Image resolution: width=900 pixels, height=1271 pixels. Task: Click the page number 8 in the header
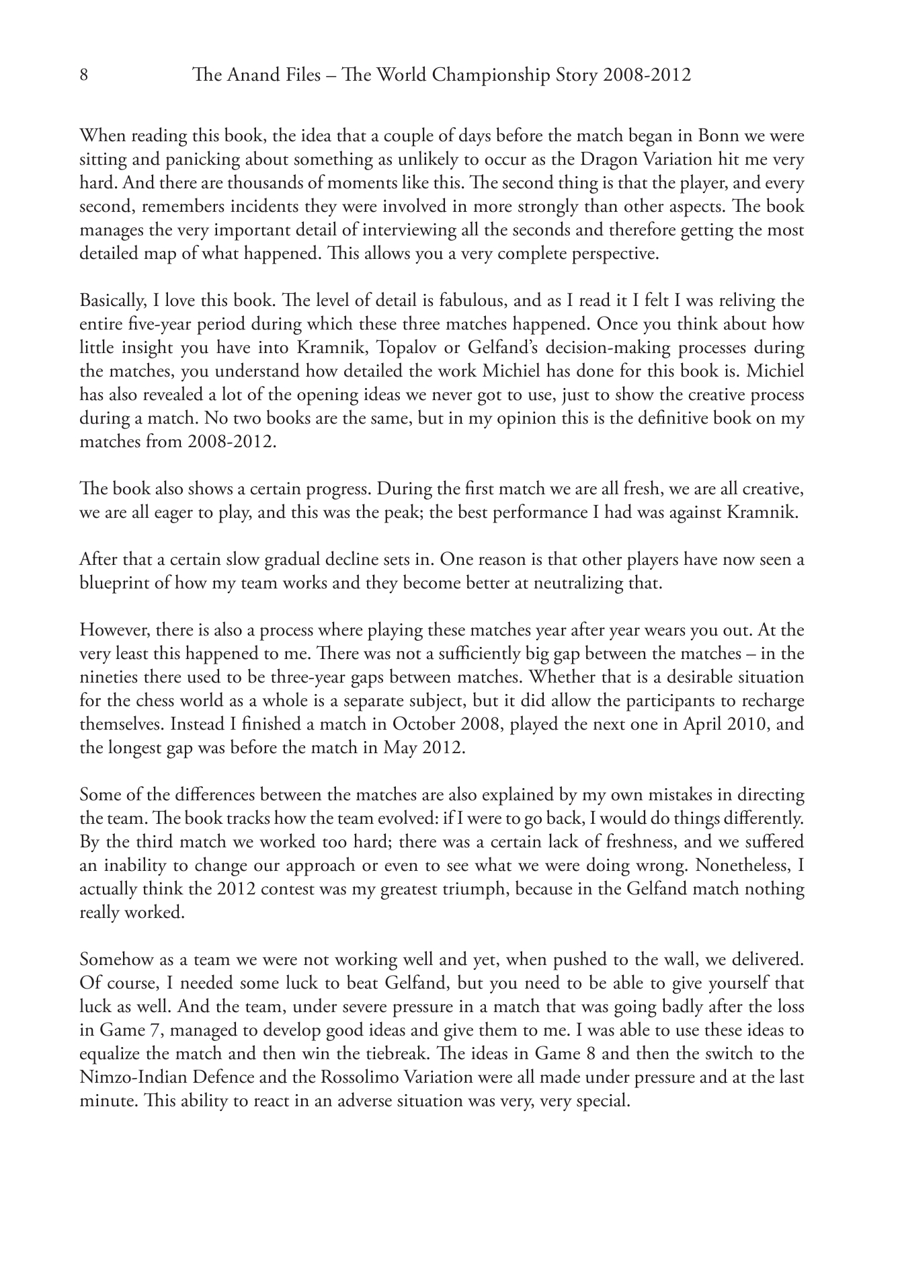(x=84, y=75)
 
